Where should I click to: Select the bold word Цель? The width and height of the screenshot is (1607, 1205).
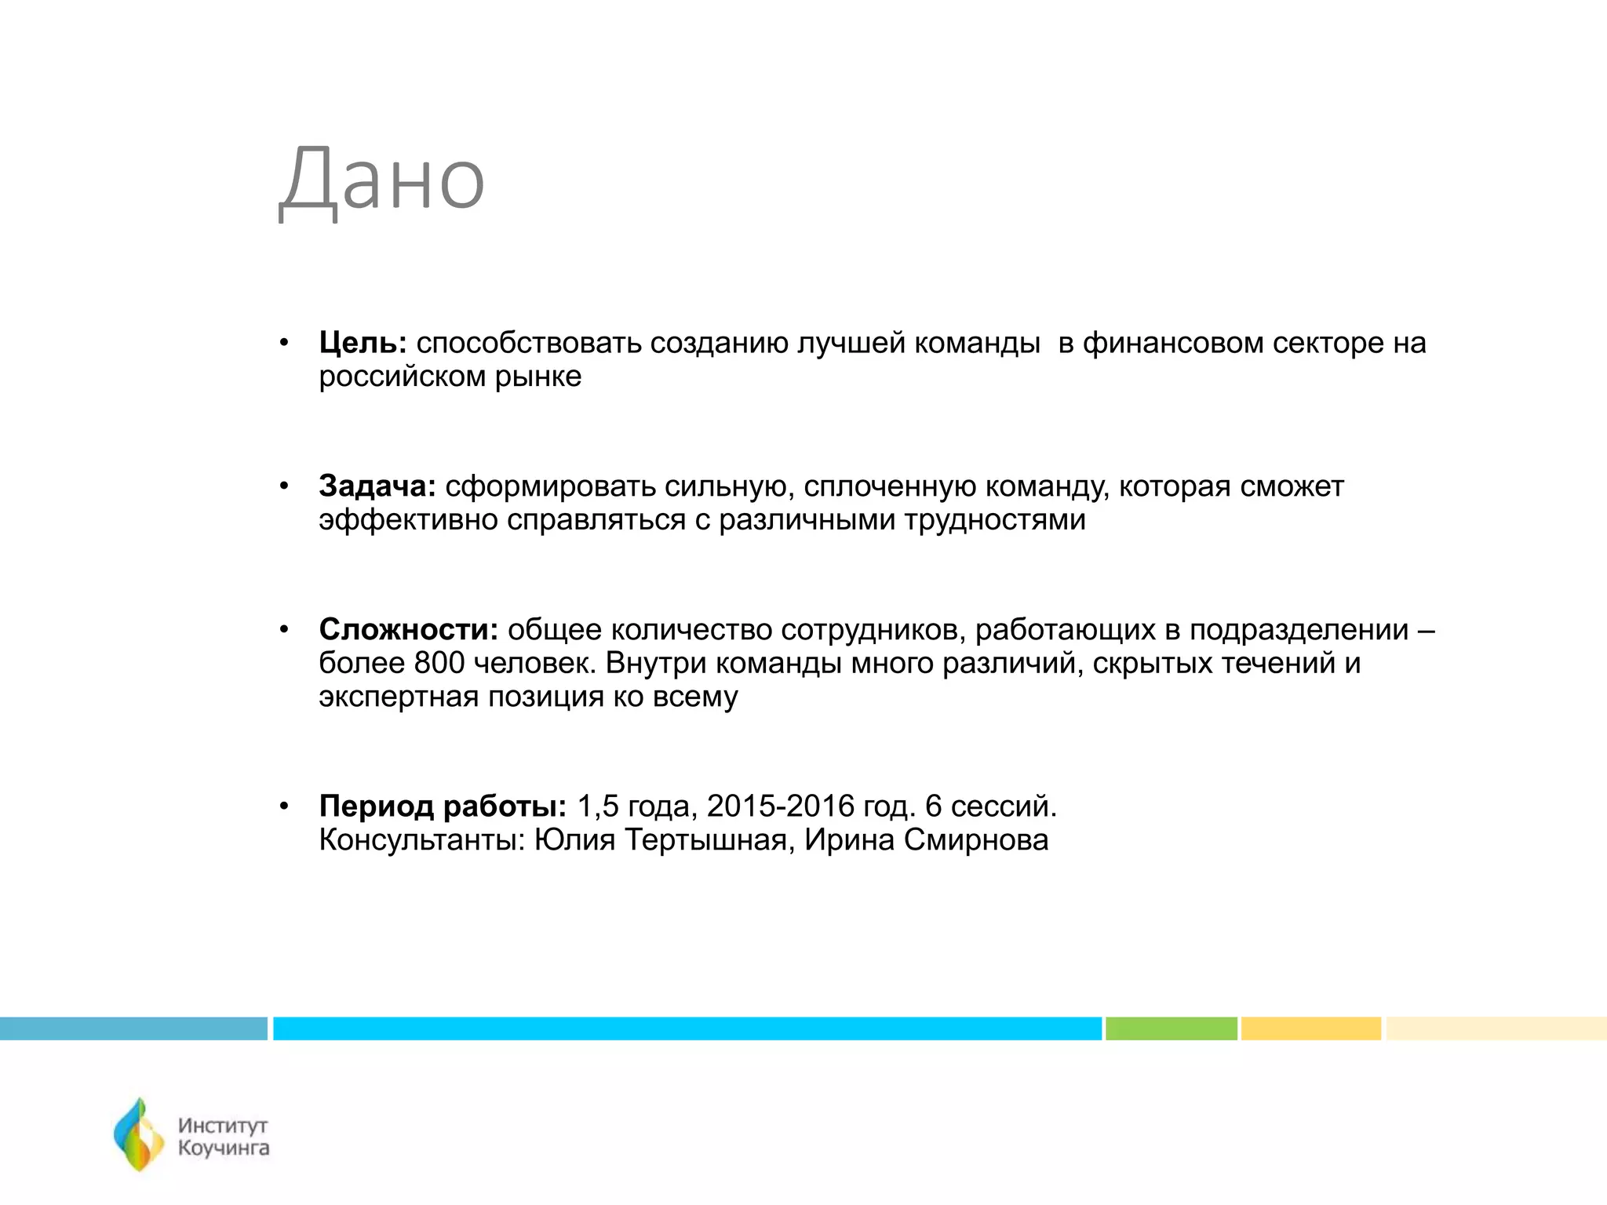(363, 344)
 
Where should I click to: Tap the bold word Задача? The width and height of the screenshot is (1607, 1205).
(377, 487)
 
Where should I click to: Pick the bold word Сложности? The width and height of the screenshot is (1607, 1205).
(408, 630)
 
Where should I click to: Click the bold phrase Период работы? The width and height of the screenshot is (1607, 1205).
(443, 806)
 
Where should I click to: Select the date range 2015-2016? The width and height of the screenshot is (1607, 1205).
(781, 806)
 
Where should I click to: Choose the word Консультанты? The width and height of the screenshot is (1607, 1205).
(422, 840)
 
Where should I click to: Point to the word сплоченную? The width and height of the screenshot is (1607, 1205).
(889, 487)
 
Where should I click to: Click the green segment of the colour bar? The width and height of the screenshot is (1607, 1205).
(1171, 1028)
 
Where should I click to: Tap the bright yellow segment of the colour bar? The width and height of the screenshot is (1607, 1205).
(1310, 1028)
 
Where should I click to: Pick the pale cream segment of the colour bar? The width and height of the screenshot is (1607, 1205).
(1496, 1028)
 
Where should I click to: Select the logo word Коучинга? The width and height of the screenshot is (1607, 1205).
(224, 1149)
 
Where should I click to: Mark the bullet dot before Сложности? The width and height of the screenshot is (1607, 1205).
(284, 630)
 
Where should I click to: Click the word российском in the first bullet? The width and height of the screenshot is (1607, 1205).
(402, 377)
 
